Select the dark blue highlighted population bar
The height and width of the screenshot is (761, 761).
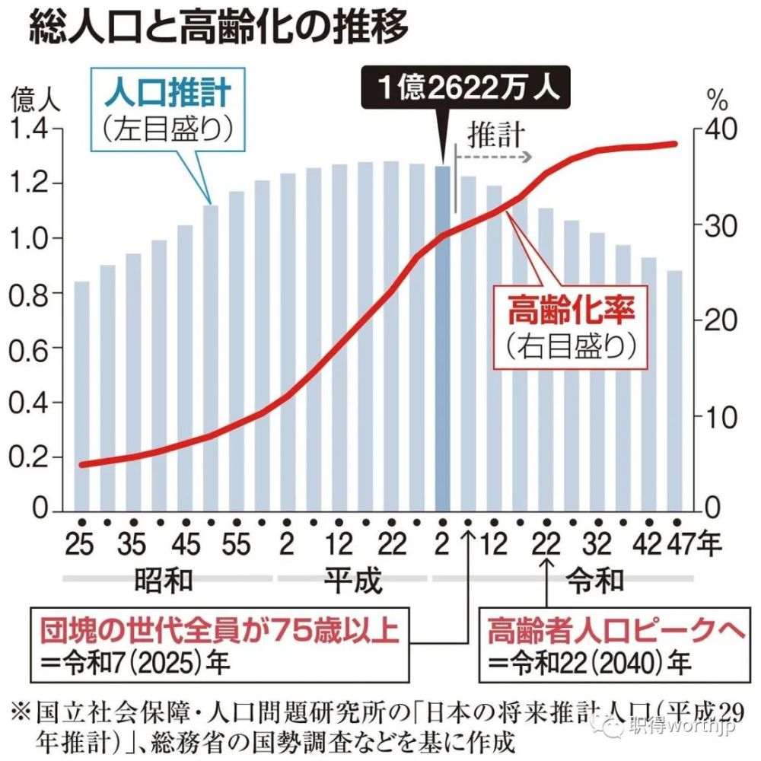(442, 339)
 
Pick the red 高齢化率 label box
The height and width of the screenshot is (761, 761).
(570, 326)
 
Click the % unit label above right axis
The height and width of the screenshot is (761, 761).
(716, 98)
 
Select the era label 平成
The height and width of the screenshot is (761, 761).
(352, 581)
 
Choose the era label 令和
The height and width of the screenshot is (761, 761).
(597, 581)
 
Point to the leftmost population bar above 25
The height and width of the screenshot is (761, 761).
(81, 396)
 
